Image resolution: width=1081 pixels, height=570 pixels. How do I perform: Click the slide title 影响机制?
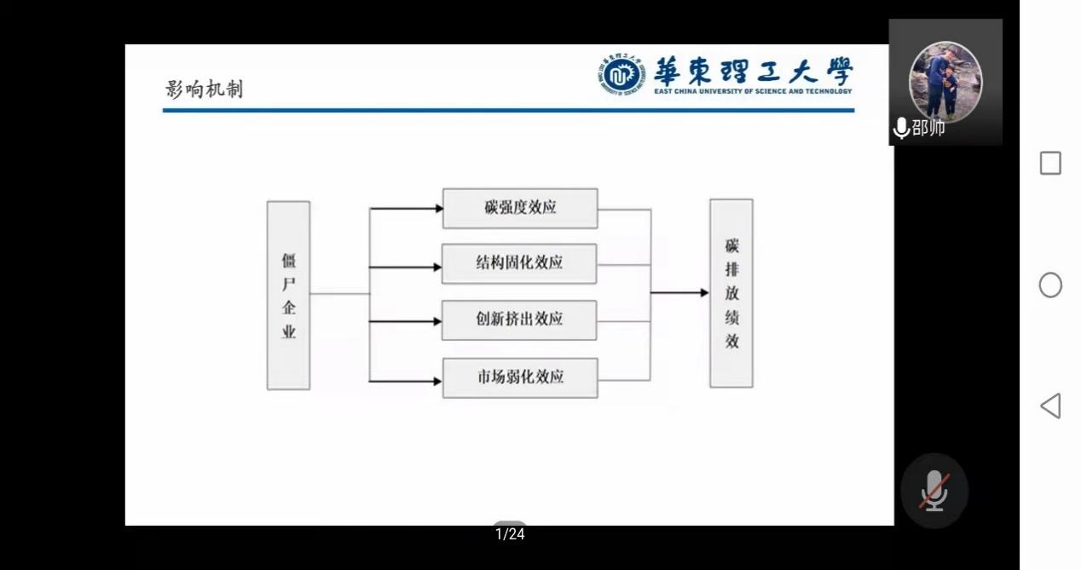pos(204,89)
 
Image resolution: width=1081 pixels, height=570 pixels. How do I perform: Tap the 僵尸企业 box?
pos(288,296)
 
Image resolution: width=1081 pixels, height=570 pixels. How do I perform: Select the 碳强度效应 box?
pos(520,208)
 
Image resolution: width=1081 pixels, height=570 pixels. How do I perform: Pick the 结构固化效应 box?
pos(519,263)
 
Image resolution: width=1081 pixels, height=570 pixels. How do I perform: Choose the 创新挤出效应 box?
pos(519,320)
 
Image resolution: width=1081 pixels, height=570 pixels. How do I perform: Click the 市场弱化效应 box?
pos(520,377)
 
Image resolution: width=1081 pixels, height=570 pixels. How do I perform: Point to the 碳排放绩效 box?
pos(731,293)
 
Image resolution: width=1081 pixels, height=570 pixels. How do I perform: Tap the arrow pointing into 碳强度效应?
pos(407,208)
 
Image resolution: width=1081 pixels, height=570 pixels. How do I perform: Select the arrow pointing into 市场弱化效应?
pos(407,380)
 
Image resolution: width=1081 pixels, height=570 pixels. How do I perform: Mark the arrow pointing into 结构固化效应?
pos(407,268)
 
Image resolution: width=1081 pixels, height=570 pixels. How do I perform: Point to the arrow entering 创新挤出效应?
pos(407,322)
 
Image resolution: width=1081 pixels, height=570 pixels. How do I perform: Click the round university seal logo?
pos(620,76)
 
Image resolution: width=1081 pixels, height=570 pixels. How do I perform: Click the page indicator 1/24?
pos(510,534)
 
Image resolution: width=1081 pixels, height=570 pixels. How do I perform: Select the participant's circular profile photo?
pos(945,78)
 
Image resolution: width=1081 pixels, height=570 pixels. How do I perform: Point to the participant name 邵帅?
pos(928,129)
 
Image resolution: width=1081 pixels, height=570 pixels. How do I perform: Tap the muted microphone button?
pos(934,491)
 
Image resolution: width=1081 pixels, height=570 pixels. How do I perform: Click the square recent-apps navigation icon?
pos(1050,164)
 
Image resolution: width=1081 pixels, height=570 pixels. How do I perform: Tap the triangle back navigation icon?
pos(1050,406)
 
